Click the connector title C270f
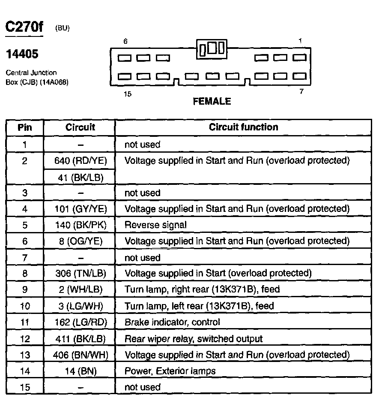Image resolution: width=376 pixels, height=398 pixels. coord(24,27)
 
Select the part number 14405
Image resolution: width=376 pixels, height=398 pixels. coord(22,54)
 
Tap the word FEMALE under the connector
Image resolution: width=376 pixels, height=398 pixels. coord(212,102)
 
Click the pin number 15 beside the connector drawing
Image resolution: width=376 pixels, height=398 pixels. coord(127,94)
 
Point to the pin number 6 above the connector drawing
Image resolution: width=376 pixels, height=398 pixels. coord(125,42)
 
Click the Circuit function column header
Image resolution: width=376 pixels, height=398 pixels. coord(243,127)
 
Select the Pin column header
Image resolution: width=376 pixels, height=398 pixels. coord(25,127)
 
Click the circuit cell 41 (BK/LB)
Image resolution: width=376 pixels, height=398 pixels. coord(81,177)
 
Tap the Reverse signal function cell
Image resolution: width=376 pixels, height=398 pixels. coord(155,225)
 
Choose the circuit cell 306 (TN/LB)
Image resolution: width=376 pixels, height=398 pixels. coord(81,273)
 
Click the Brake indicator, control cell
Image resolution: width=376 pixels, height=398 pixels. coord(172,322)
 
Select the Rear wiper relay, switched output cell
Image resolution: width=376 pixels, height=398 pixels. coord(193,338)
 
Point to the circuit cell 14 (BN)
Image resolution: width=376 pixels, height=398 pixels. coord(81,371)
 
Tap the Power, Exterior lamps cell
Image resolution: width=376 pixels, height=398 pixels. coord(170,371)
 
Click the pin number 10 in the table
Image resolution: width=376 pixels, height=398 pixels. coord(25,306)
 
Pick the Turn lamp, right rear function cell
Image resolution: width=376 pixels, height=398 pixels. coord(202,289)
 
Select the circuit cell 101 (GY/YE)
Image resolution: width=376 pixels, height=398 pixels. coord(81,209)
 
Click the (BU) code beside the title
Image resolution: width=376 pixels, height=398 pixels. coord(62,28)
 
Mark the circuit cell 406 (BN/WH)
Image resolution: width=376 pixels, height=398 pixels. coord(81,355)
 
